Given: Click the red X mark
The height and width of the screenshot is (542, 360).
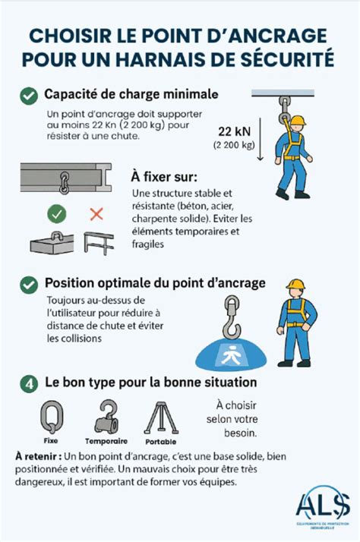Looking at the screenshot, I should point(96,214).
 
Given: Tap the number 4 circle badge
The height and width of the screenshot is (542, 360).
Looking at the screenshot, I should point(28,383).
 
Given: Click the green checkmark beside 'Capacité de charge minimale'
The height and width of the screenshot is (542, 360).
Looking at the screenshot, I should point(28,96).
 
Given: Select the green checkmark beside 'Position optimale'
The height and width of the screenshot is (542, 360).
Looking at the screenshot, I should point(28,284).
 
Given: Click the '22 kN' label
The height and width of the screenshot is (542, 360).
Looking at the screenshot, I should point(235,130).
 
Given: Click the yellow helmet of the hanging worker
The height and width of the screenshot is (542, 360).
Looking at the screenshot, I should point(297,121).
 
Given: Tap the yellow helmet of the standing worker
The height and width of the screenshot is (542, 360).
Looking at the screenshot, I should point(295,285).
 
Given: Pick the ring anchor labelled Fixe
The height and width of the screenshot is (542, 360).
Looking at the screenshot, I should point(49,416).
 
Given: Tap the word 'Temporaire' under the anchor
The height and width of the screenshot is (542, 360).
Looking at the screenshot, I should point(106,440).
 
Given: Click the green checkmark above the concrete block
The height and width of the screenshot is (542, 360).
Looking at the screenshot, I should point(57,214).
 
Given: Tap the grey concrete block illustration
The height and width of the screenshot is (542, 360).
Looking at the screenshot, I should point(52,242).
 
